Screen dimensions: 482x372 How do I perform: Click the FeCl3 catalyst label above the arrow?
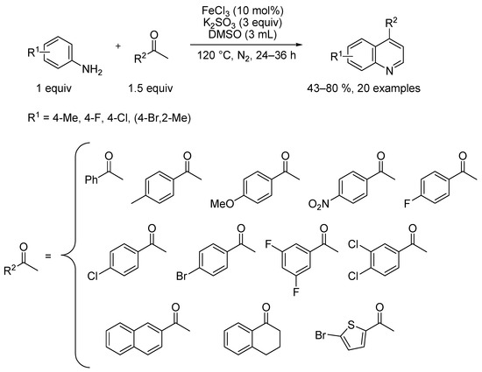(x=216, y=11)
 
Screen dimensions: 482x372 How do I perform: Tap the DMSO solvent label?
(x=225, y=34)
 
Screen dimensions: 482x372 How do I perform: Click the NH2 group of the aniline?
(x=92, y=70)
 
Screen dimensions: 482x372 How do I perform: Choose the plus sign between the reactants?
(x=118, y=46)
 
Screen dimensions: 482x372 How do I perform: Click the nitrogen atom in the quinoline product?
(x=389, y=71)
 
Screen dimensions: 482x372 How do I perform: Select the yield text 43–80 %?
(x=329, y=88)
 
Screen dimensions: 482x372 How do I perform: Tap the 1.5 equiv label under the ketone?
(x=151, y=88)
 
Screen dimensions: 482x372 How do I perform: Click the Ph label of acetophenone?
(x=91, y=179)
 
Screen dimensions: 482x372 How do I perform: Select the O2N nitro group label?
(x=318, y=204)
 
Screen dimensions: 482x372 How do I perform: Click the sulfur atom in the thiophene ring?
(x=351, y=324)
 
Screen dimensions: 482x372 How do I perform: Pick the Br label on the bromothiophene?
(x=321, y=335)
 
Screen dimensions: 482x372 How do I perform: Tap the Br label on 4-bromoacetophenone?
(x=181, y=276)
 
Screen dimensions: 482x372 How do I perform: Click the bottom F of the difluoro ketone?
(x=295, y=291)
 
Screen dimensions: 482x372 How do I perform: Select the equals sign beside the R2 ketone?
(x=48, y=256)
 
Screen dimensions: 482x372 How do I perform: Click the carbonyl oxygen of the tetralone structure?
(x=266, y=307)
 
